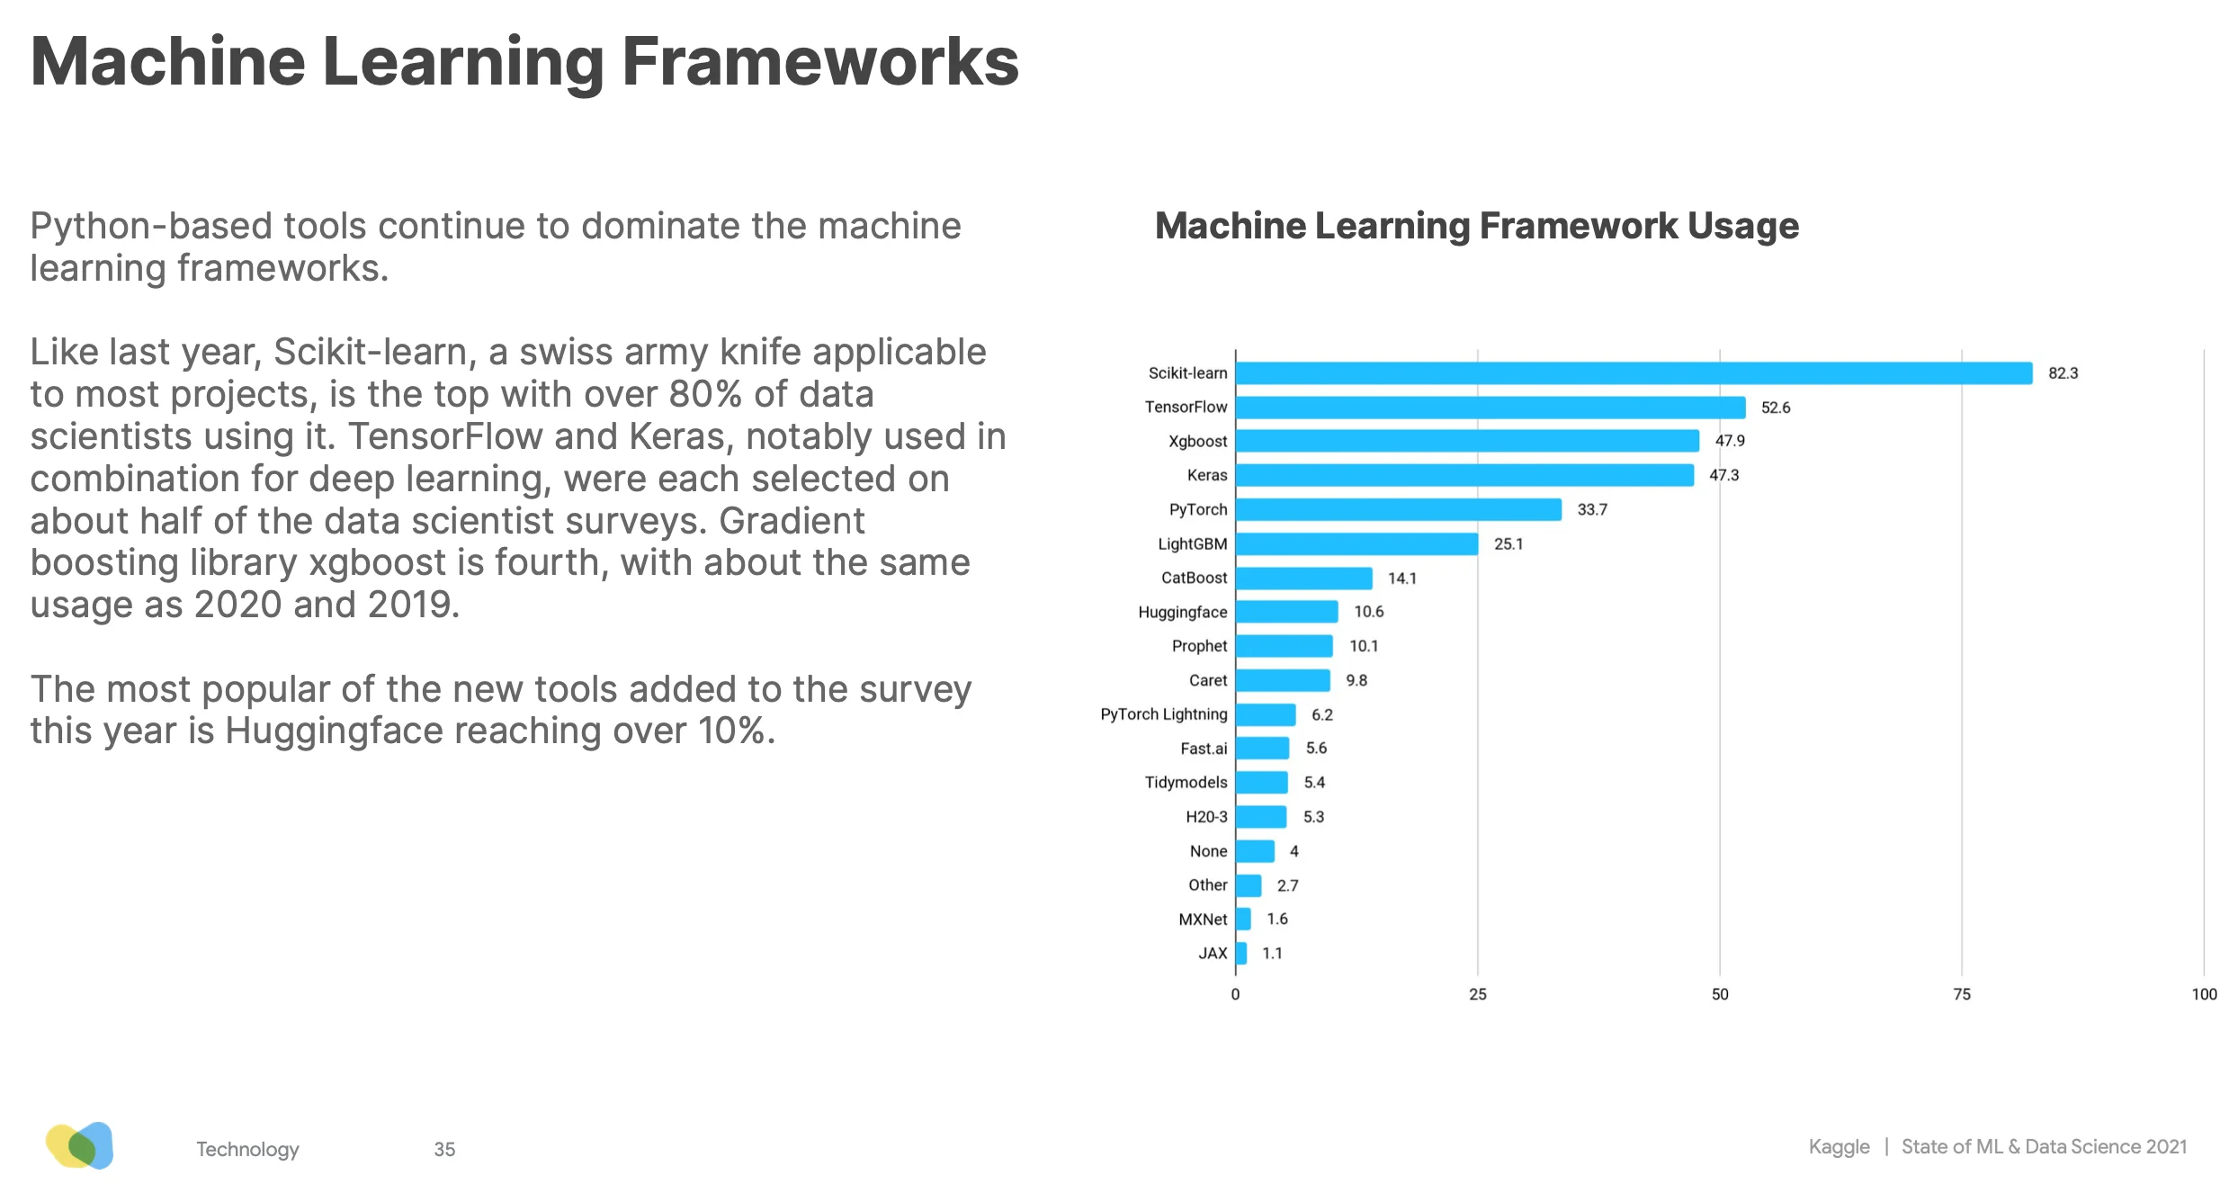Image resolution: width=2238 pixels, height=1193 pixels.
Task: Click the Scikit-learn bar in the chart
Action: (x=1633, y=372)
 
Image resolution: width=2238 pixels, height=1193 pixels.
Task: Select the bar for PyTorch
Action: (x=1398, y=509)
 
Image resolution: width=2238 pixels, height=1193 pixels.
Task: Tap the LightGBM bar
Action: (x=1356, y=543)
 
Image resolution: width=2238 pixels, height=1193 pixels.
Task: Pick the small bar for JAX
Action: (x=1241, y=953)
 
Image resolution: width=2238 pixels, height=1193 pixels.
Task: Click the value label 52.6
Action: (x=1775, y=408)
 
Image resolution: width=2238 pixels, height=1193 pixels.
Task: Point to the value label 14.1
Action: (x=1401, y=579)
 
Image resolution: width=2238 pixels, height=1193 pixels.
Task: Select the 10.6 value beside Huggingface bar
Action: (x=1368, y=612)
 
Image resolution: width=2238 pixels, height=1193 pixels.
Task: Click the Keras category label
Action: (x=1206, y=475)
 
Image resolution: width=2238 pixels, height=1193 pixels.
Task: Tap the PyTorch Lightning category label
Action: (x=1163, y=714)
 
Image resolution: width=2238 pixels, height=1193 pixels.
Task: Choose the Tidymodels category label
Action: (x=1185, y=783)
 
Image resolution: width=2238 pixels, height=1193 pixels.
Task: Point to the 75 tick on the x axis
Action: (x=1961, y=994)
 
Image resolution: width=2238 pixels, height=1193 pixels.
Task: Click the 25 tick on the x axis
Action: (x=1477, y=994)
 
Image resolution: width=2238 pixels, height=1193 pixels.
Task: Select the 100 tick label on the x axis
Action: (x=2203, y=994)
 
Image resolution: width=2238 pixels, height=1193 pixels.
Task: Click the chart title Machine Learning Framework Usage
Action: (x=1476, y=226)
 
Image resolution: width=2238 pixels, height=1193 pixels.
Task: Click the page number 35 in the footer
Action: (x=444, y=1149)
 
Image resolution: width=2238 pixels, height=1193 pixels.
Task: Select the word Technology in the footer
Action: (x=247, y=1149)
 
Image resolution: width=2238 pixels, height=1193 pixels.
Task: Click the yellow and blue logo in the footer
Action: (x=80, y=1145)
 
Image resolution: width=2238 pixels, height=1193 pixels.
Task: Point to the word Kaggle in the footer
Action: (x=1839, y=1147)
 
